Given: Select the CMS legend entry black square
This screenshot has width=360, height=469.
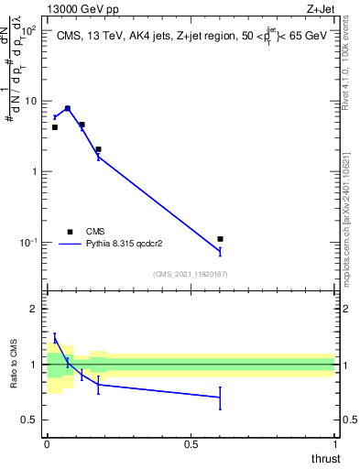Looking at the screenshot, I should click(68, 232).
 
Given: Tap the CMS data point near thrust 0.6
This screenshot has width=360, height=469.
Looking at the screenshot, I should click(220, 239).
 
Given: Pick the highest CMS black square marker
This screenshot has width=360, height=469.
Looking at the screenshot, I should click(68, 108).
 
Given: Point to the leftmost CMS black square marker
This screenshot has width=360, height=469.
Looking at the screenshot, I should click(54, 127).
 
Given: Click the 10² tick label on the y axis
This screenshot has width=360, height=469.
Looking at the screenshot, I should click(29, 31).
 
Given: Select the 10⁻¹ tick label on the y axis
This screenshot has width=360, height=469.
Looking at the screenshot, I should click(27, 243).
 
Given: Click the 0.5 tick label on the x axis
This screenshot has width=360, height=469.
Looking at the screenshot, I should click(191, 444).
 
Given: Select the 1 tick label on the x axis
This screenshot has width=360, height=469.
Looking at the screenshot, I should click(335, 444).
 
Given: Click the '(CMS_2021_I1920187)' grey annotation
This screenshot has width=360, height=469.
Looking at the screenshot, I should click(190, 273).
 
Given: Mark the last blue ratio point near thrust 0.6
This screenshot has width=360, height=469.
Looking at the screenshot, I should click(220, 398).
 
